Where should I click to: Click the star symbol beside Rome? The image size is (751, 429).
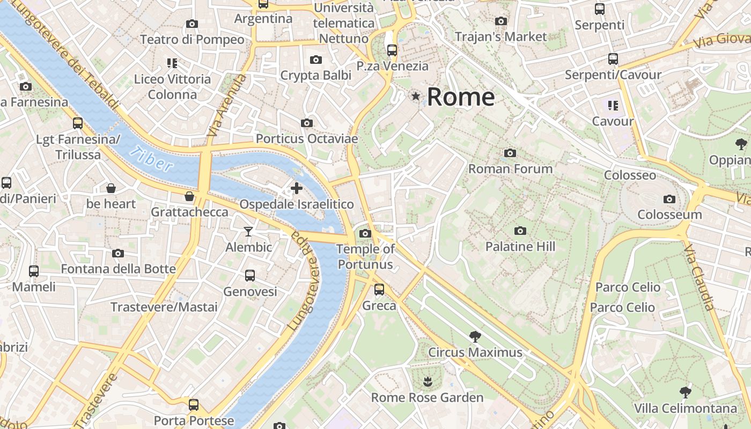[x=416, y=97]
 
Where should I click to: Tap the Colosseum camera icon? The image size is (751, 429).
[x=669, y=199]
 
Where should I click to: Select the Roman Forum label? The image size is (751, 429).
[x=510, y=169]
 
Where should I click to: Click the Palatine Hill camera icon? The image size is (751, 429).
[x=520, y=231]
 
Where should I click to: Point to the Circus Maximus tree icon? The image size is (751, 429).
[x=475, y=337]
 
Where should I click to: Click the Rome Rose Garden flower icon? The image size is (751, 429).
[x=428, y=382]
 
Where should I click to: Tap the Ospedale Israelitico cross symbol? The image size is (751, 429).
[x=296, y=188]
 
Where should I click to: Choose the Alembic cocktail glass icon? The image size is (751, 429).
[x=248, y=232]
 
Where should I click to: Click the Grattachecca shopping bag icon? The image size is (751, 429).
[x=189, y=197]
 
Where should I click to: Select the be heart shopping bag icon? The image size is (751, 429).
[x=111, y=188]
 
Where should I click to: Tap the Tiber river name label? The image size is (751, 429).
[x=153, y=159]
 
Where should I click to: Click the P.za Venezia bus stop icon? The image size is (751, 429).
[x=392, y=50]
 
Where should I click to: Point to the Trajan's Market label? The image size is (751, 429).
[x=500, y=36]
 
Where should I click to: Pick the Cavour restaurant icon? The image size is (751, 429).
[x=613, y=106]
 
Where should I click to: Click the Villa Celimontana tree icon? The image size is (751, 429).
[x=685, y=392]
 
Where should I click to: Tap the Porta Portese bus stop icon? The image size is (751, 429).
[x=194, y=404]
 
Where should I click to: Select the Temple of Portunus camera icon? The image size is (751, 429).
[x=365, y=233]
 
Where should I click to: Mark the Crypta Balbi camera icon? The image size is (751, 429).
[x=316, y=60]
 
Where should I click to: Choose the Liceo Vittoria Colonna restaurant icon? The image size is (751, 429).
[x=172, y=63]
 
